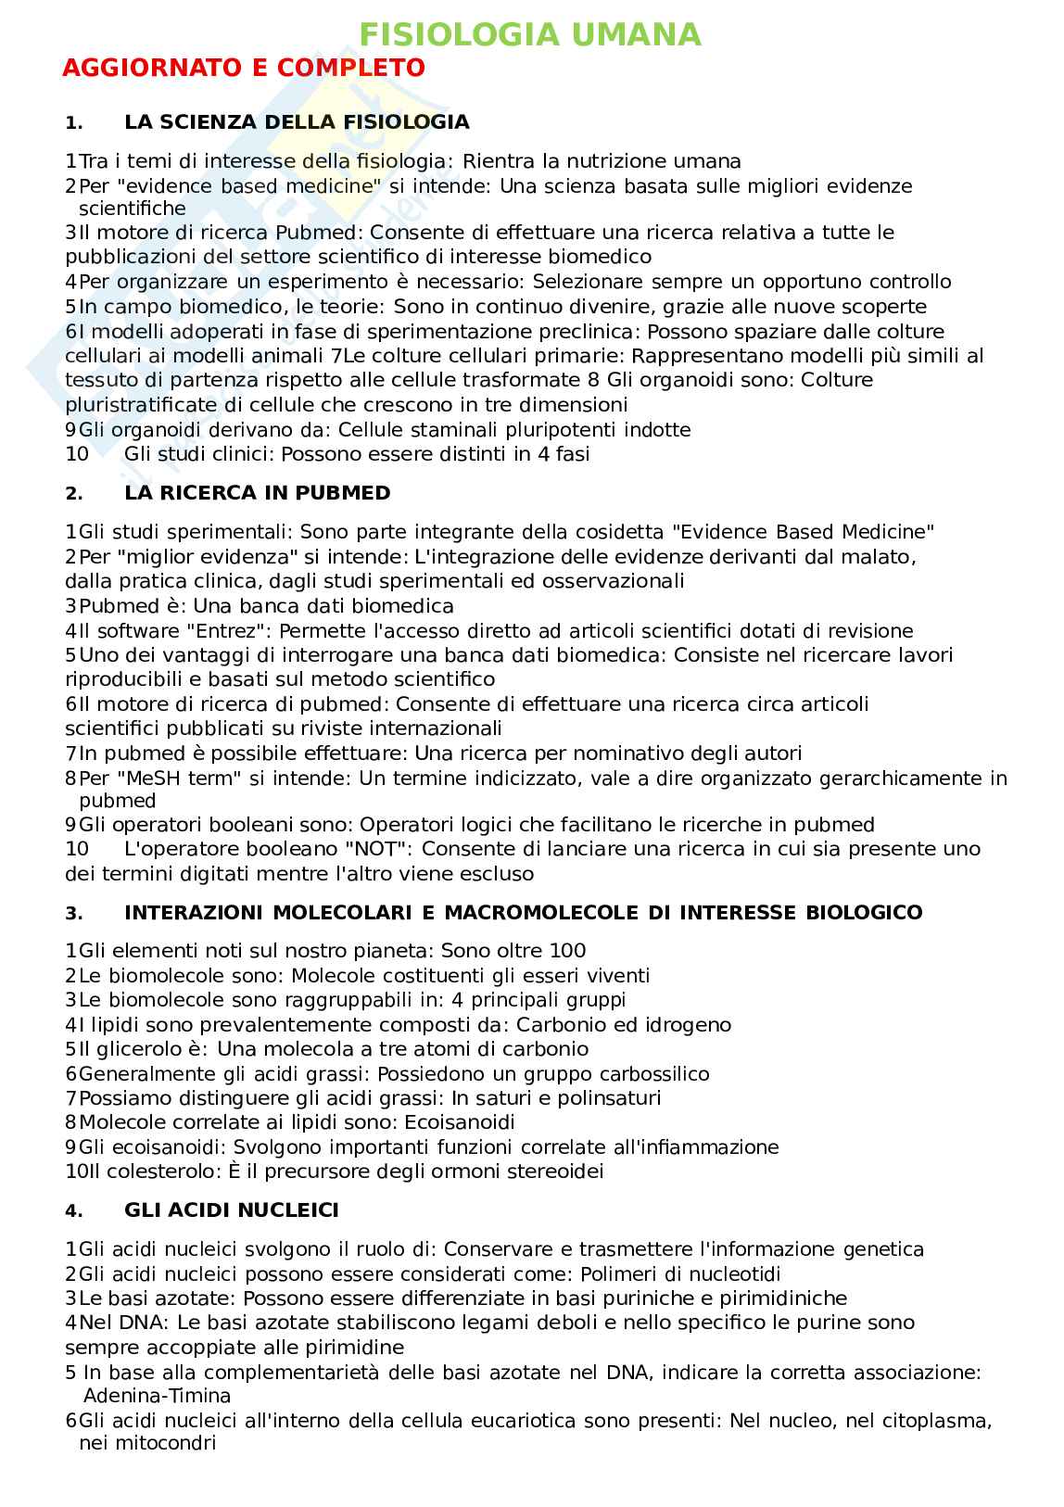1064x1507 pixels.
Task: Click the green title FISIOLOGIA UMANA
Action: click(530, 35)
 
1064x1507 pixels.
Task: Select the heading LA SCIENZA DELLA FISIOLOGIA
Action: click(297, 122)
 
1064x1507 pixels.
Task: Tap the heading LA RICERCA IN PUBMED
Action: click(257, 493)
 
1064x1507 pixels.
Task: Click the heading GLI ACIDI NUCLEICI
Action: click(231, 1210)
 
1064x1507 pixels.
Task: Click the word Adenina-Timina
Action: click(157, 1396)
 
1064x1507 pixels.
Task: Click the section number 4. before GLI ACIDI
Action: click(74, 1211)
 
